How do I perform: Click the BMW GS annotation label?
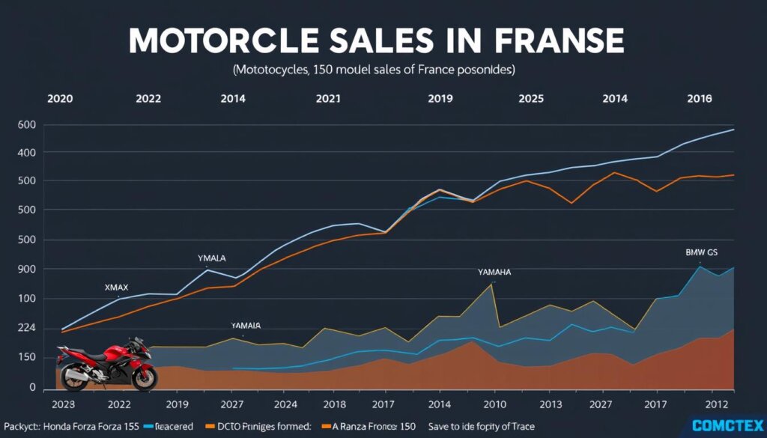[x=701, y=253]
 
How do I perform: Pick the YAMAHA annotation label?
[x=494, y=273]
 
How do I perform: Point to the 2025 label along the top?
[x=531, y=98]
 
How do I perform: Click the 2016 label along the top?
[x=699, y=98]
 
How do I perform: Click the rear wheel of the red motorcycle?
[x=76, y=377]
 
